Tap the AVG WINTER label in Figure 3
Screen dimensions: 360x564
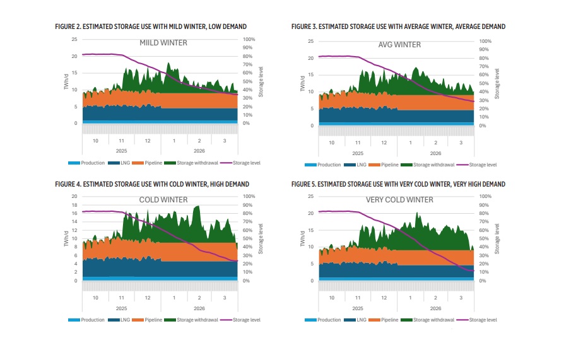399,45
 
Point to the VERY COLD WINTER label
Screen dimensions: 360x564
399,200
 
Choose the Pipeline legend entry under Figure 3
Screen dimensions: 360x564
389,165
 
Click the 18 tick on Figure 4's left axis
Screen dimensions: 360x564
74,205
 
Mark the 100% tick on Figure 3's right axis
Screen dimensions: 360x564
485,42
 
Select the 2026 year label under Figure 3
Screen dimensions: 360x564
435,153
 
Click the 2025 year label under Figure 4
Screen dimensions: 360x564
121,308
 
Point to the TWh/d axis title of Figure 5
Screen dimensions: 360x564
302,239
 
